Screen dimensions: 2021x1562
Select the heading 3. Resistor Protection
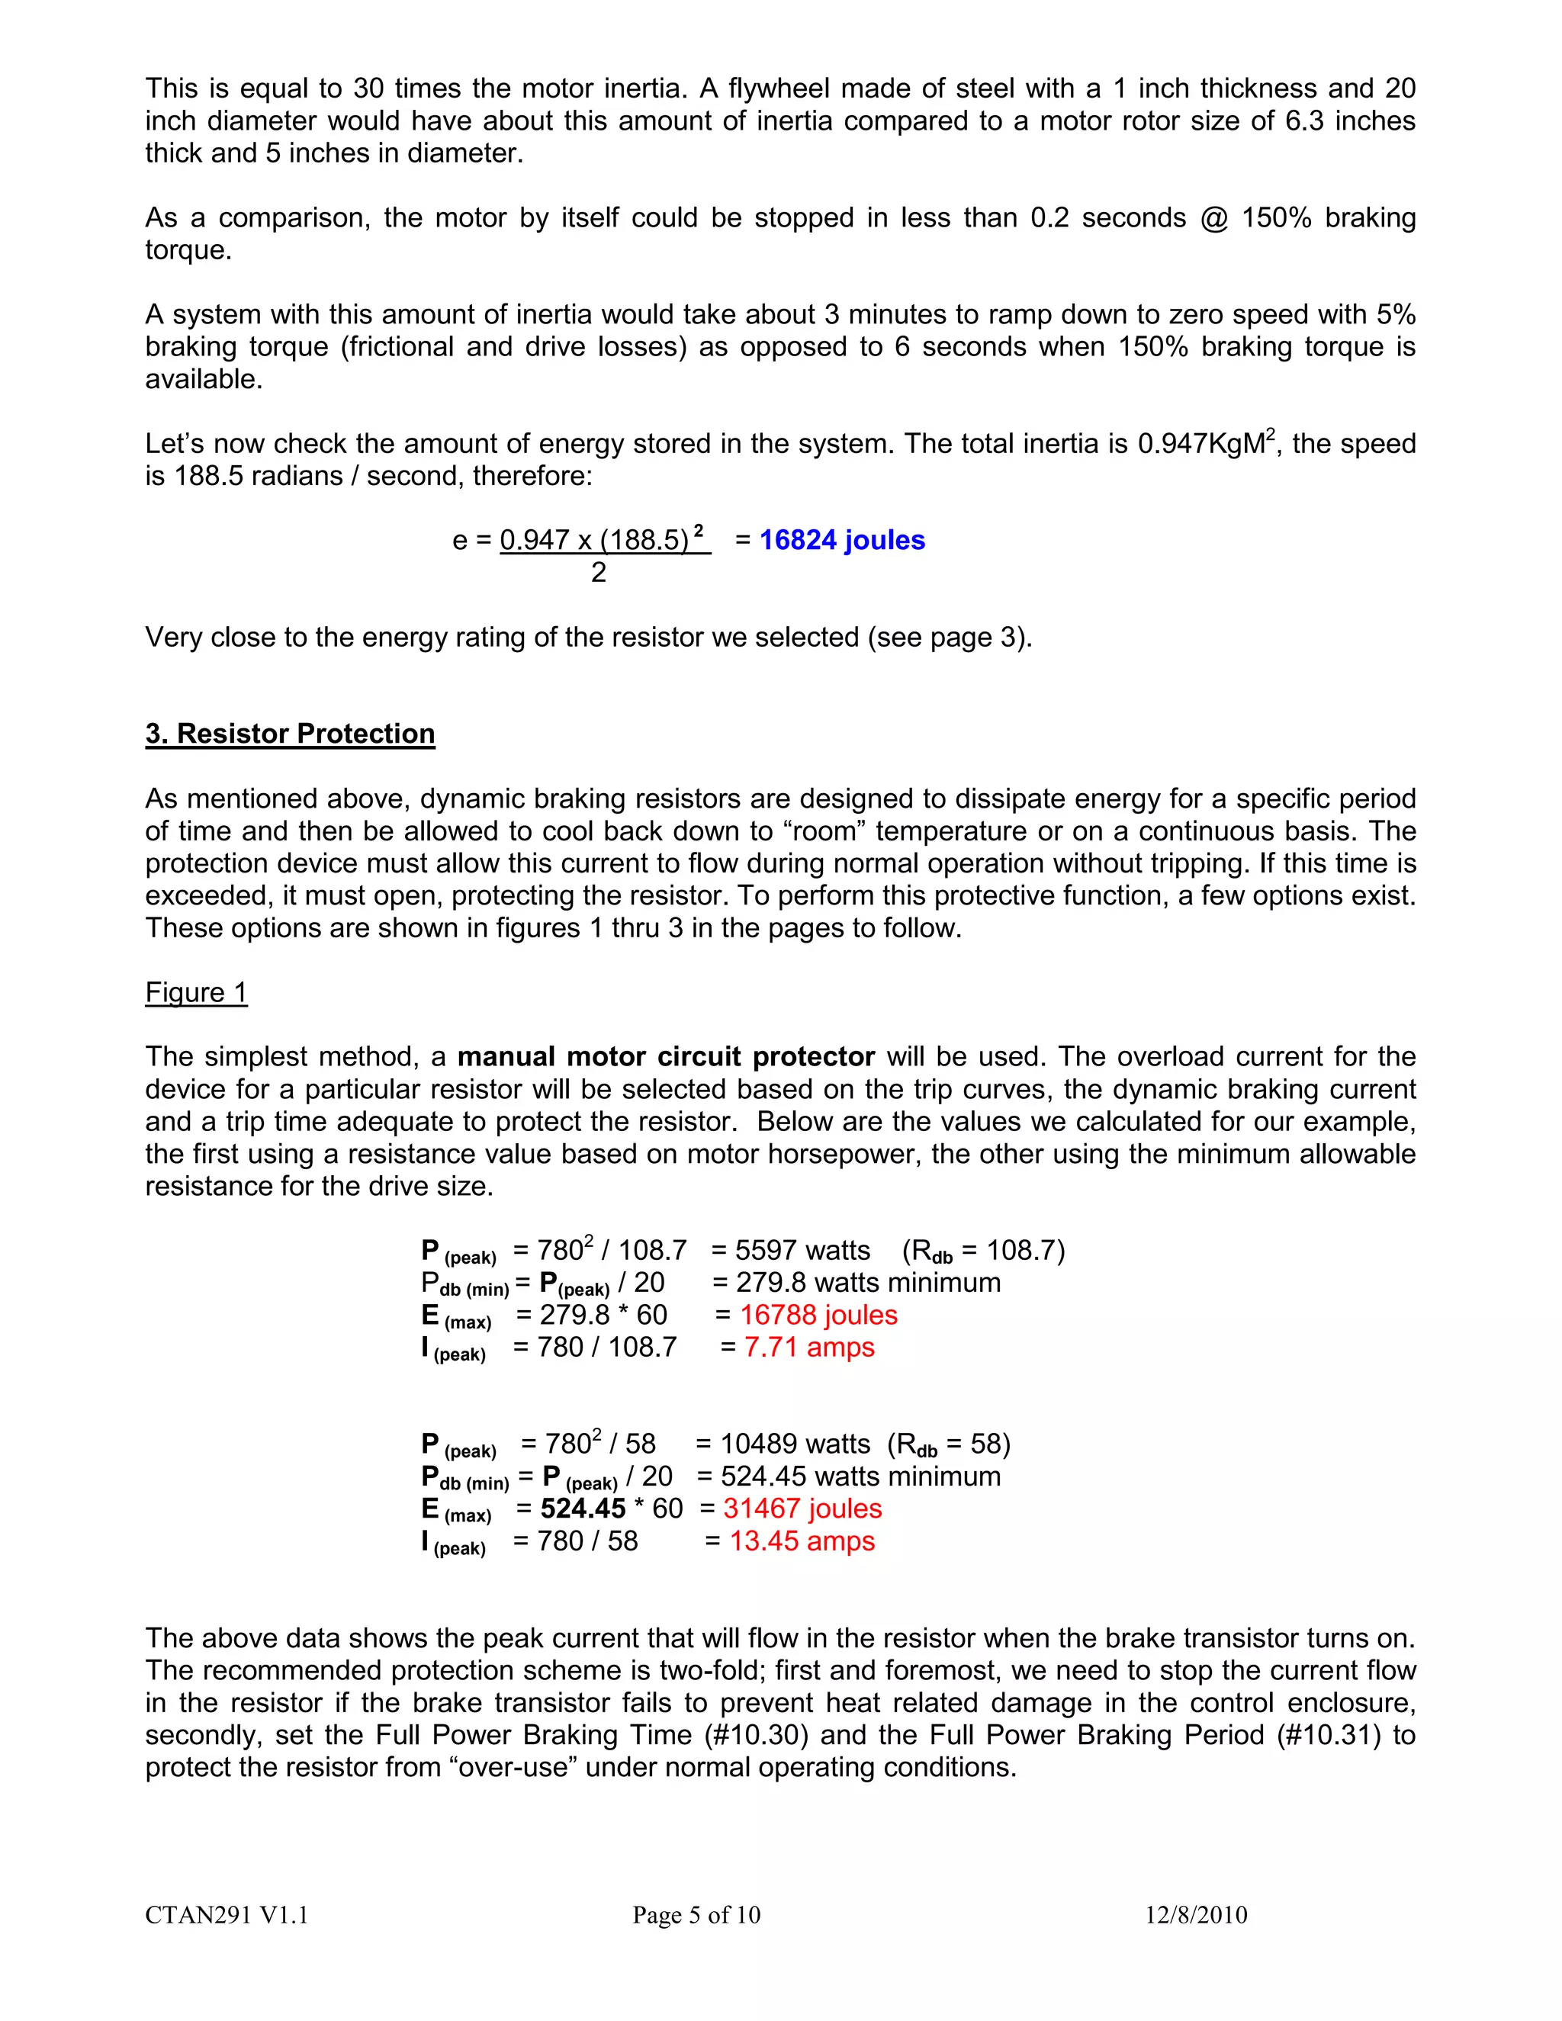coord(290,733)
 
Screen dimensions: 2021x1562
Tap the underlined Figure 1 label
coord(196,992)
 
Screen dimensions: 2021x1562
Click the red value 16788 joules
coord(818,1315)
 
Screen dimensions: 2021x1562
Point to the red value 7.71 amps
coord(808,1348)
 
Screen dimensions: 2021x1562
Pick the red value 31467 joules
coord(802,1509)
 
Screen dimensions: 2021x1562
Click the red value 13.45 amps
coord(802,1541)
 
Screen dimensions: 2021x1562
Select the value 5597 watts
coord(802,1250)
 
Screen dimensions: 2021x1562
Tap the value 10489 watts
coord(795,1444)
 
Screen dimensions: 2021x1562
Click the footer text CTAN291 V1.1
coord(227,1914)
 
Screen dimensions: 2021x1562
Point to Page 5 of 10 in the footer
coord(696,1914)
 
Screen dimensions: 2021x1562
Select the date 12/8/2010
coord(1196,1914)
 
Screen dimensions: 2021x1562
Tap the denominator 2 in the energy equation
coord(599,573)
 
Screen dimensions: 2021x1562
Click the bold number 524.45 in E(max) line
coord(583,1509)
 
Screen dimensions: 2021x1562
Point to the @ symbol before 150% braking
coord(1213,218)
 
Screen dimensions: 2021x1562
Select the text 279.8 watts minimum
coord(868,1283)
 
